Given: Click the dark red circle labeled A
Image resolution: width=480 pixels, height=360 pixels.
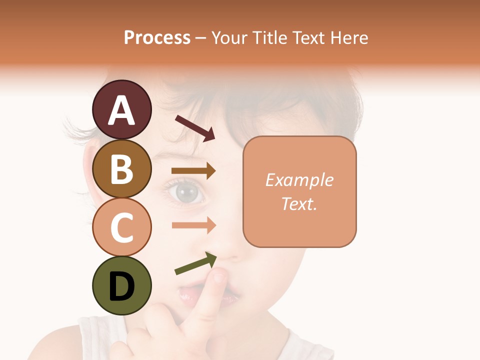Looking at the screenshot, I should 121,109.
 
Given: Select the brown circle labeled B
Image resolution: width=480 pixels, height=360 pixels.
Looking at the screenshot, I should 121,168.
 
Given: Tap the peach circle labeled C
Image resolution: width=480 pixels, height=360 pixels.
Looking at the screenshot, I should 121,227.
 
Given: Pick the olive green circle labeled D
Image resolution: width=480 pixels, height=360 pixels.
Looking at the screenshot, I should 121,285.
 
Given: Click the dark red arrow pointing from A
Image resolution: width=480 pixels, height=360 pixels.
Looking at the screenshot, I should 194,127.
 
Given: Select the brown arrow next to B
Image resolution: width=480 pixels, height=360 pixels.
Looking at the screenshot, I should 193,171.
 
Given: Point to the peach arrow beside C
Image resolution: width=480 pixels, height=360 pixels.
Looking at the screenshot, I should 193,225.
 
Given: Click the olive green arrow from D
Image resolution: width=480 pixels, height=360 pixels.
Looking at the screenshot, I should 195,263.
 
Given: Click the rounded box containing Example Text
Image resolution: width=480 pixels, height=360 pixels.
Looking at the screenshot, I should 299,191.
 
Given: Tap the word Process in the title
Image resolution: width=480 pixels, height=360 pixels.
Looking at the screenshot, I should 157,37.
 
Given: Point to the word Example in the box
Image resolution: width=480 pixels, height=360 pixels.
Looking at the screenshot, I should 299,180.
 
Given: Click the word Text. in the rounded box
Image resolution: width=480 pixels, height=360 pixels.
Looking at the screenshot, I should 299,203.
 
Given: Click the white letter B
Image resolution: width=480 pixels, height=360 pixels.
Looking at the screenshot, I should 121,168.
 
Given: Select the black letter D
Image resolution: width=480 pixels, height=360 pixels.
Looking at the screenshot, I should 121,285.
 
